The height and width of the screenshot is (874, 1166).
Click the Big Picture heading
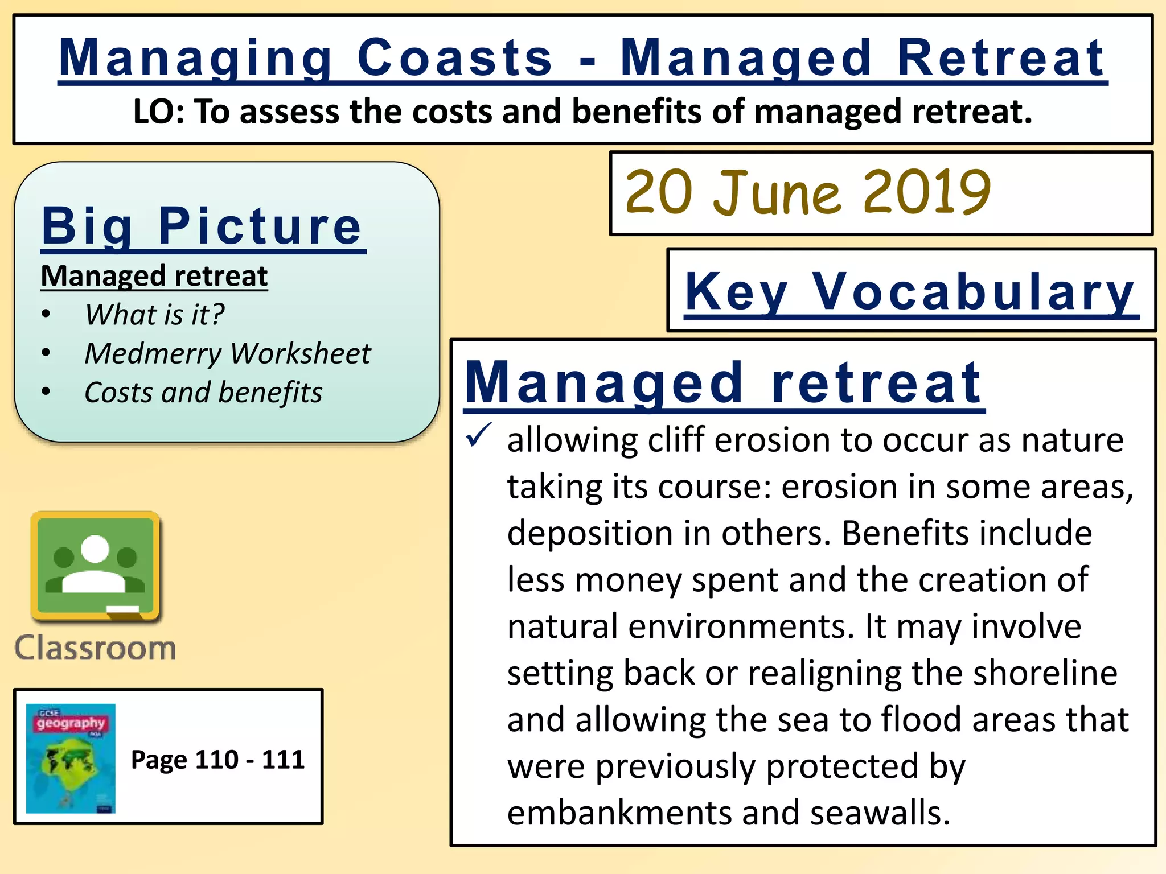202,226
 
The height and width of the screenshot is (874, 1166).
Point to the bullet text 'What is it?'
154,314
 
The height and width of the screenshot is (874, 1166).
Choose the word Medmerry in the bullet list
153,353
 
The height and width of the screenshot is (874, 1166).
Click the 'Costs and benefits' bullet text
203,392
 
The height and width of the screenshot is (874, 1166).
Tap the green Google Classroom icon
96,566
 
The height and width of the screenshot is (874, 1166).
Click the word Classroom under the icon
96,648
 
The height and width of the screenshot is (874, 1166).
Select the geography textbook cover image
71,758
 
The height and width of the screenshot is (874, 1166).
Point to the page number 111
283,760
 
